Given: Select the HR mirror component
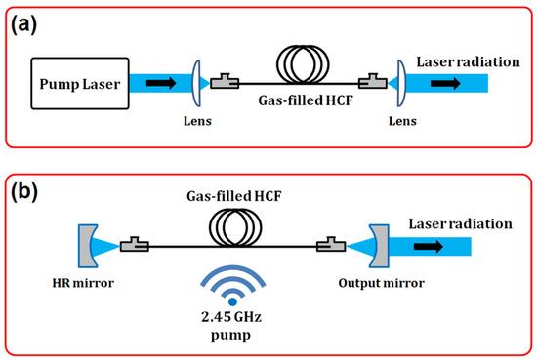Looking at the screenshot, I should pyautogui.click(x=85, y=251).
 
